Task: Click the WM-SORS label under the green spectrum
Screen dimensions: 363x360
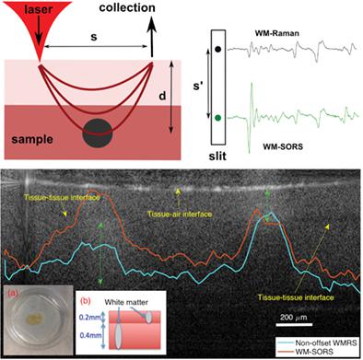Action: tap(284, 143)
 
